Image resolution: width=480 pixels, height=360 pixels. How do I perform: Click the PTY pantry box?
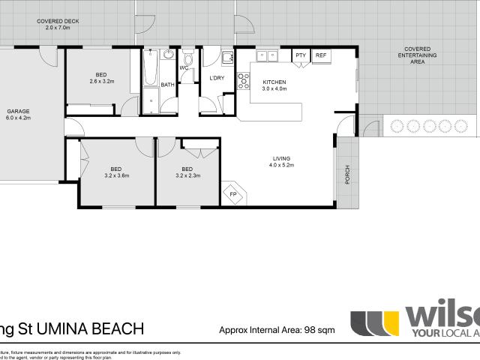pos(300,55)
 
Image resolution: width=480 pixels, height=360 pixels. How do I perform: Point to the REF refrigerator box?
pos(320,55)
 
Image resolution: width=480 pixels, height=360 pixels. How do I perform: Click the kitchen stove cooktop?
pos(243,81)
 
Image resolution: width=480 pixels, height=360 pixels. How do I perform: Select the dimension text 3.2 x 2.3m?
pos(187,175)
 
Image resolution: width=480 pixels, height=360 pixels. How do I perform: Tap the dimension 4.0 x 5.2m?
pos(281,164)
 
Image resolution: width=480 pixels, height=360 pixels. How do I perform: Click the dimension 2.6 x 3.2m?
pos(100,81)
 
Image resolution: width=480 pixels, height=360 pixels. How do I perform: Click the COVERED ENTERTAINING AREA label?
pos(417,55)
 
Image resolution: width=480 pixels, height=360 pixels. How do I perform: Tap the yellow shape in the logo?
pos(389,323)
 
